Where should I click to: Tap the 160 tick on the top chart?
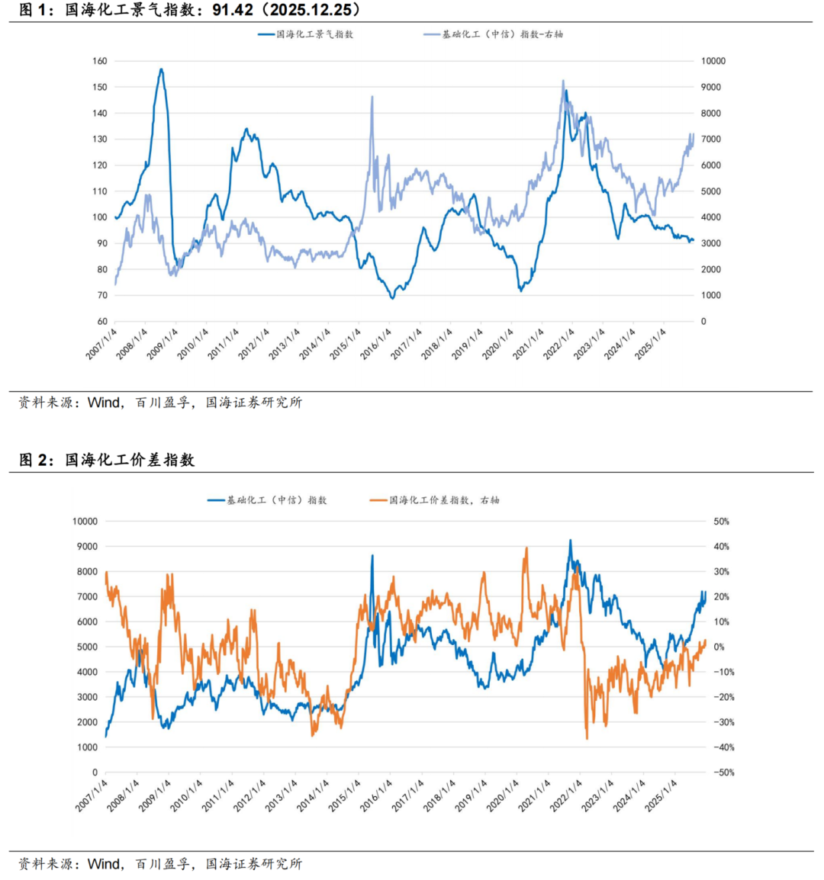click(100, 61)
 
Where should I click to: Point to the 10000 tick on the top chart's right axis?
click(713, 61)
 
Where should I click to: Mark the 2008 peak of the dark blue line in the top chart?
click(161, 69)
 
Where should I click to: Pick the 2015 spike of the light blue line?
click(372, 97)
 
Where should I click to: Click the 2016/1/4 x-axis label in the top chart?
click(377, 345)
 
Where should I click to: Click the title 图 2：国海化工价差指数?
click(107, 460)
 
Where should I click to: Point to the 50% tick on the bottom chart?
click(721, 522)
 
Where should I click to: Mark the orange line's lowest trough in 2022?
click(587, 738)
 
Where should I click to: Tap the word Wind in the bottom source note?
click(104, 864)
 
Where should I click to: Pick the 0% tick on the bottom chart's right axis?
click(719, 647)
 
